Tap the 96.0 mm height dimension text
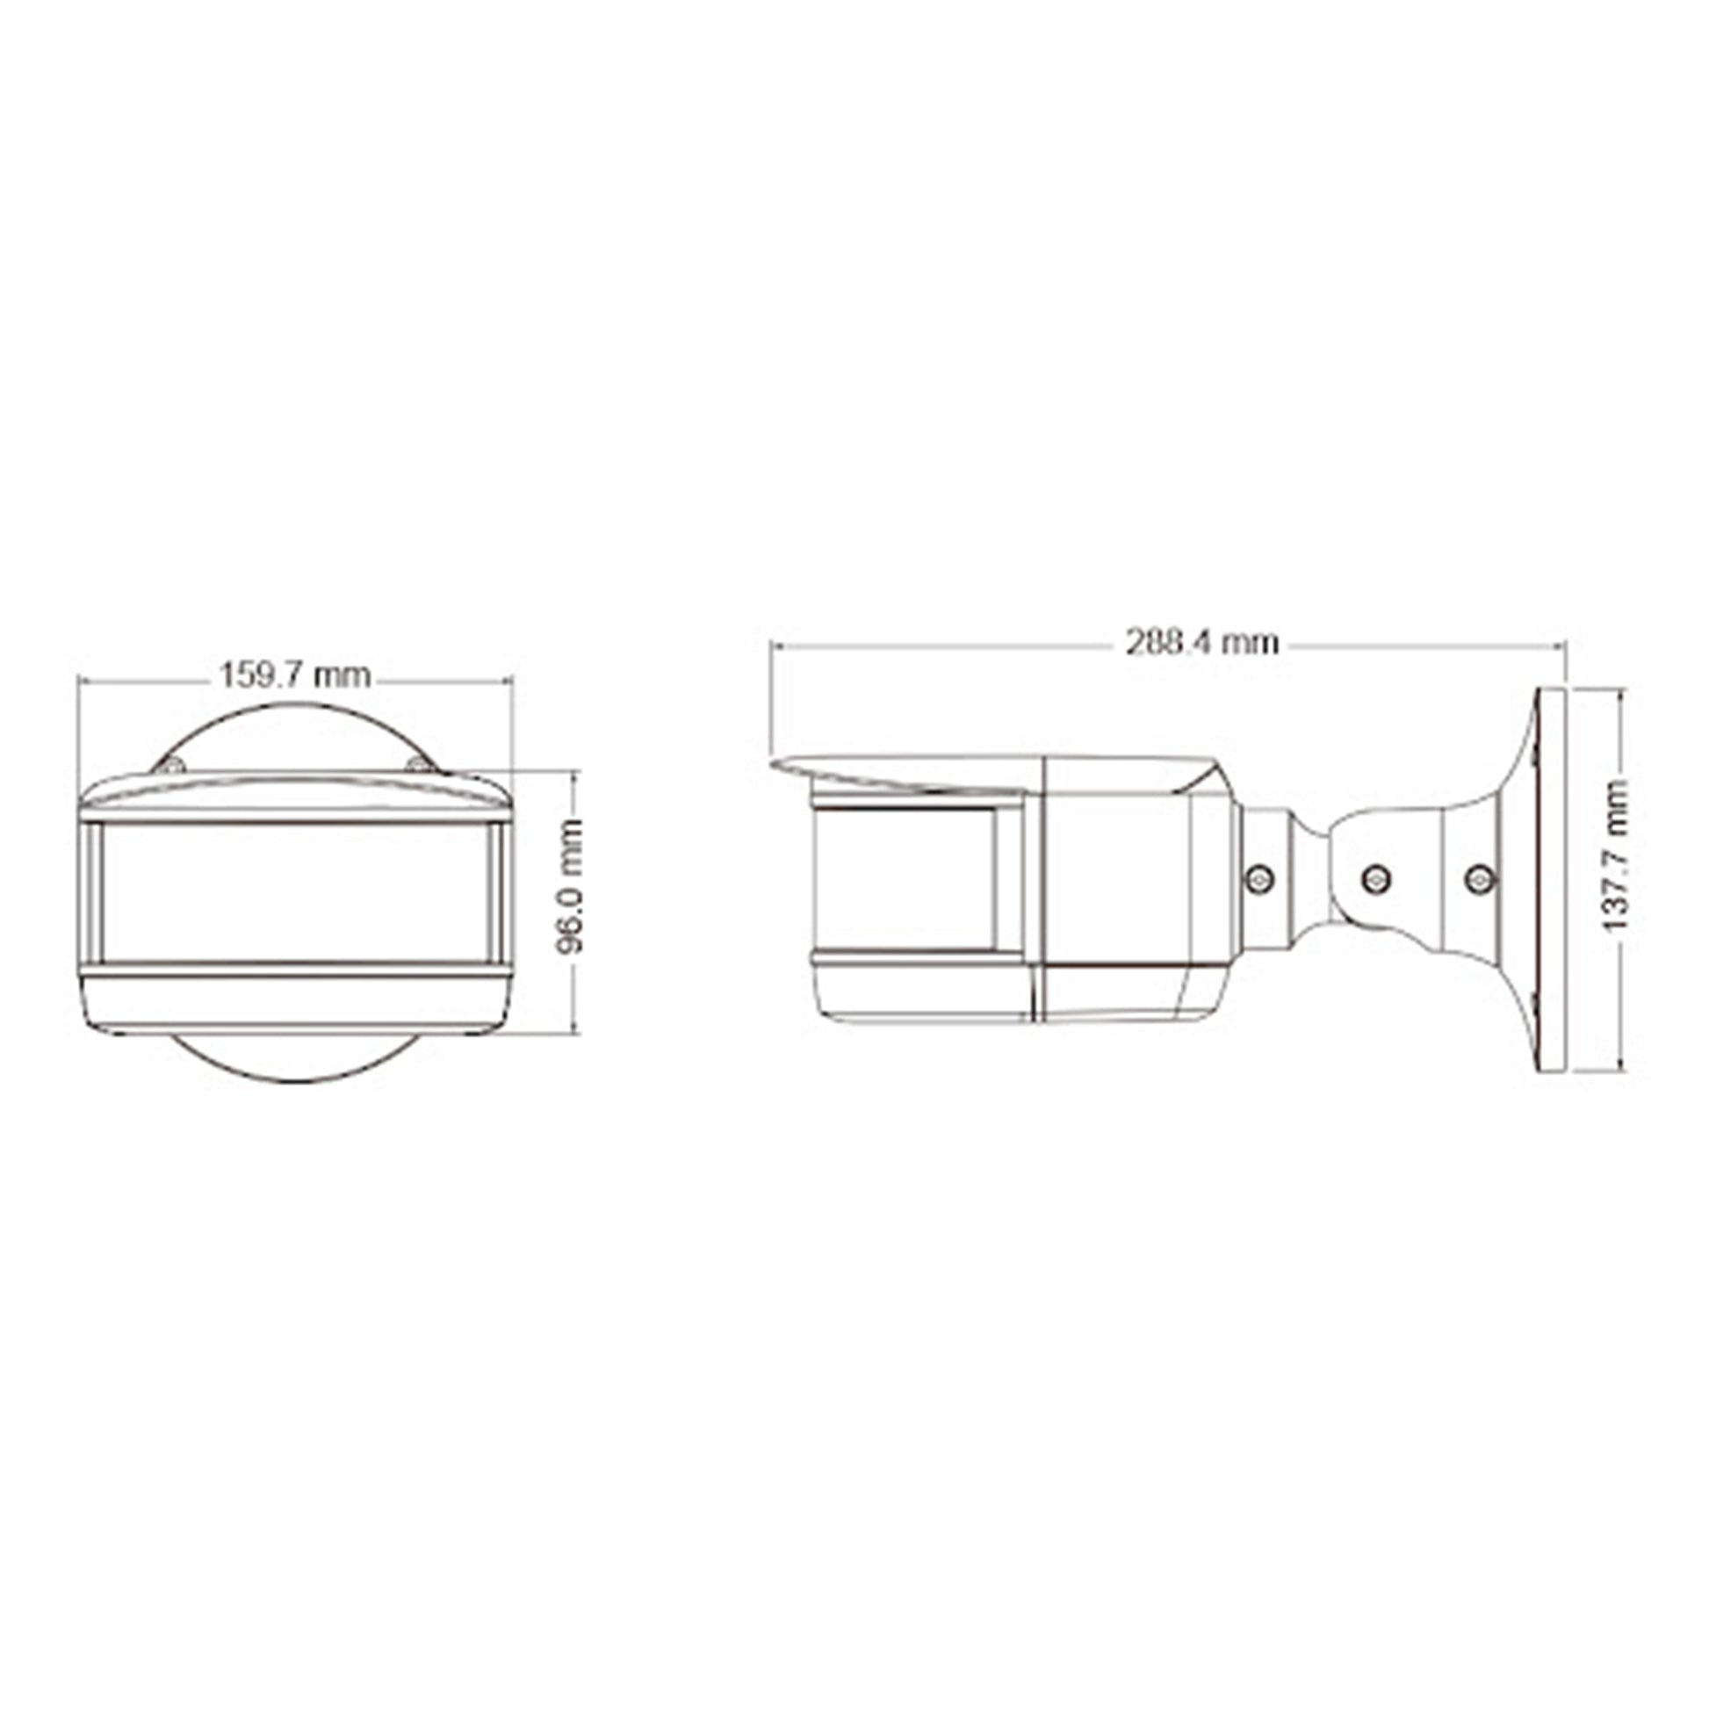pos(573,885)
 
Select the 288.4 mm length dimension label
pos(1202,642)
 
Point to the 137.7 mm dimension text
pos(1618,855)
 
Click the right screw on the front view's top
pos(418,765)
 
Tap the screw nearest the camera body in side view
pos(1258,878)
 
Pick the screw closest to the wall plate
pos(1480,878)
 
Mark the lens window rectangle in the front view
pos(295,892)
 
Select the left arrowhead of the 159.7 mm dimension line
pos(83,681)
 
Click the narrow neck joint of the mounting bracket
pos(1309,880)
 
